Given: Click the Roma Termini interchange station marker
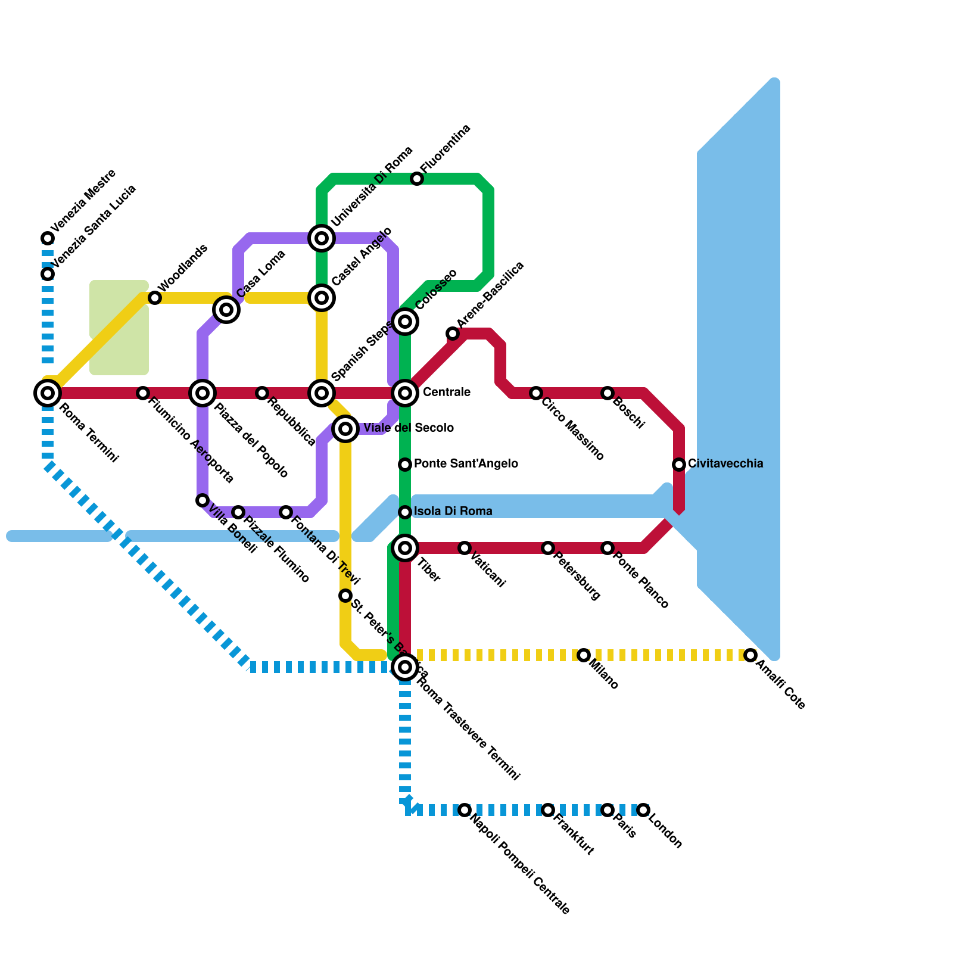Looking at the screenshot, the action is click(x=48, y=393).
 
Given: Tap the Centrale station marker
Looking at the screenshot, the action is click(x=405, y=393).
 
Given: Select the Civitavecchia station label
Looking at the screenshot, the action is click(x=725, y=463).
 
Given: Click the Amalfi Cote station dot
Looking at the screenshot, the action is click(x=750, y=655).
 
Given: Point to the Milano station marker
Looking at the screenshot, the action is click(x=584, y=655).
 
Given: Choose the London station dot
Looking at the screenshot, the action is click(x=643, y=810).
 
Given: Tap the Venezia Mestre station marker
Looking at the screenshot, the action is click(x=48, y=238).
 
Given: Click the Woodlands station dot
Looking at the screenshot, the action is click(x=155, y=298).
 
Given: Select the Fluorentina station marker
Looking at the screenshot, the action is click(x=417, y=179).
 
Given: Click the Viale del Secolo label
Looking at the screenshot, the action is click(x=409, y=428).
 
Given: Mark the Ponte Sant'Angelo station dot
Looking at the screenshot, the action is click(x=405, y=464).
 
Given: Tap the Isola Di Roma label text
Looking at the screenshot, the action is click(x=453, y=512).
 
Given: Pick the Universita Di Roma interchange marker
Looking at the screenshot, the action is click(x=322, y=238).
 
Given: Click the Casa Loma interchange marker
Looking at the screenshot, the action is click(x=226, y=309).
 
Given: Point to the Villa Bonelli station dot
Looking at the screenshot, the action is click(x=203, y=500).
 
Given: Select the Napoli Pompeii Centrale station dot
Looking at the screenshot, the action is click(x=465, y=810).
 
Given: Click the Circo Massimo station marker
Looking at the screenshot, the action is click(x=536, y=393).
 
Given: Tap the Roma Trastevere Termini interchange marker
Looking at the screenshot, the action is click(x=405, y=667).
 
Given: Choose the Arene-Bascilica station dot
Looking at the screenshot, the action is click(x=453, y=334).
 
